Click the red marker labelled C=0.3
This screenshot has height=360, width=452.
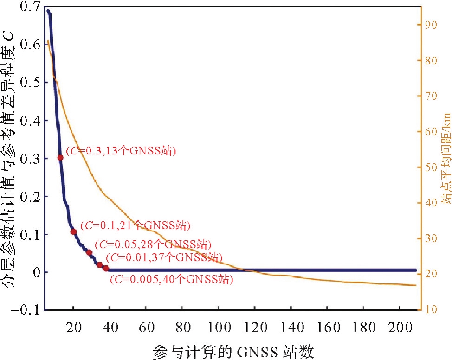[60, 158]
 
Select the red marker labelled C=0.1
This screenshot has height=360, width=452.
[73, 231]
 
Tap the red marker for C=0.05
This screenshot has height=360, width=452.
[89, 252]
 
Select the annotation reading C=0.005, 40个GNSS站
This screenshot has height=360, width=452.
[171, 279]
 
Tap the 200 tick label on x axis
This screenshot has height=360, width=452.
[400, 328]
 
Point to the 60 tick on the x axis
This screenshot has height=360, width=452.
[146, 328]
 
